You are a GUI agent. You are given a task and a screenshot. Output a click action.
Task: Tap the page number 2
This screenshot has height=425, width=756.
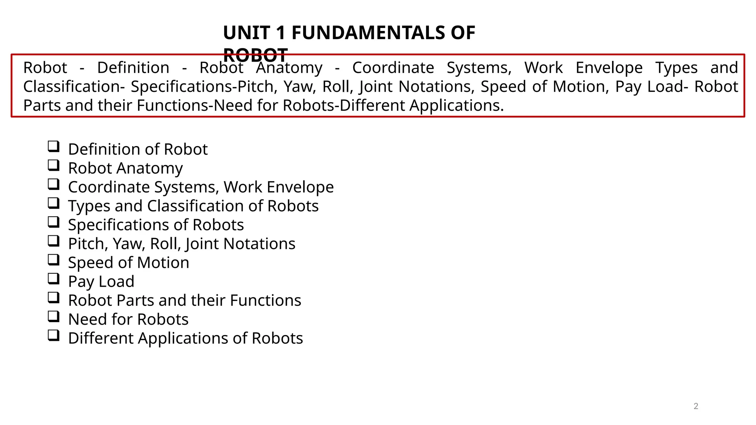696,406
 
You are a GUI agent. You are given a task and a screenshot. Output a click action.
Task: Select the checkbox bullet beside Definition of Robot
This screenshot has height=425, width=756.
54,147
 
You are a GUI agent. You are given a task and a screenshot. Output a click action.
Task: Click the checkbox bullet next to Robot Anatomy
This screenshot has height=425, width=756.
54,166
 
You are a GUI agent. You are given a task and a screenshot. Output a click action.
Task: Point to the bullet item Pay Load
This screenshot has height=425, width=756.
101,281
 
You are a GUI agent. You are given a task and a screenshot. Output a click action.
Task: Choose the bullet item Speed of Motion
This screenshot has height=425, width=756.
128,263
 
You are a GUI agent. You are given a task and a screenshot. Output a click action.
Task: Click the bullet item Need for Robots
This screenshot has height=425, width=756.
128,319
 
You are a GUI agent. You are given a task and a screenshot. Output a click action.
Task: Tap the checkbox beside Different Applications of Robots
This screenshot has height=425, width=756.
54,336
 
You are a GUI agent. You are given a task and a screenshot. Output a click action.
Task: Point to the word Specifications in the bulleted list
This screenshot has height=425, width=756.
128,225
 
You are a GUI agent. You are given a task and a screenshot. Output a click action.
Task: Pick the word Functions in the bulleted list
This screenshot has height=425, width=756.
265,300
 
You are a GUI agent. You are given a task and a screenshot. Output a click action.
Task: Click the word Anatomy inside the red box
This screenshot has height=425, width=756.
289,68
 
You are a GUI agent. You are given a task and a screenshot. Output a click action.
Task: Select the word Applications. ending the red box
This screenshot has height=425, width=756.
457,106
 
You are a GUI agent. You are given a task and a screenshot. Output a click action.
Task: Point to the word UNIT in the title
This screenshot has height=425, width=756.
246,33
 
